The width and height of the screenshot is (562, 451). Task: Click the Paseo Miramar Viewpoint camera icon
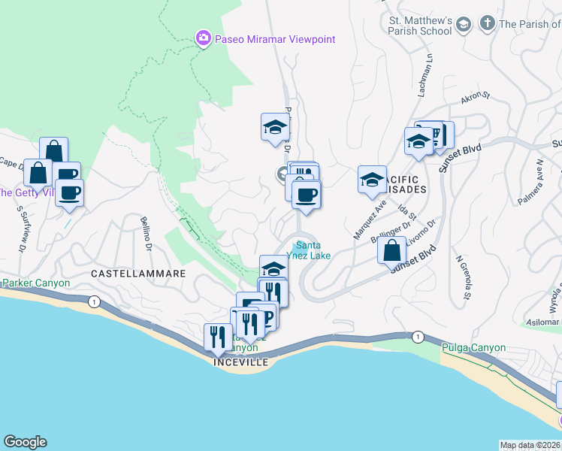point(203,39)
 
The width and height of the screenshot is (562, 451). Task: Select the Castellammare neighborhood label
point(138,274)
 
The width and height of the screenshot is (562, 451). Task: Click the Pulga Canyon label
point(473,348)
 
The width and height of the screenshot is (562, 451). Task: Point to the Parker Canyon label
point(35,283)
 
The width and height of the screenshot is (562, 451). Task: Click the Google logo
point(25,442)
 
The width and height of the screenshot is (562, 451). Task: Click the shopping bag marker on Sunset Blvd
point(391,250)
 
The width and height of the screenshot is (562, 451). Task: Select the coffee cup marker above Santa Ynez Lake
point(305,195)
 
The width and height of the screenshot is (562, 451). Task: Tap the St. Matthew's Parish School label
point(419,25)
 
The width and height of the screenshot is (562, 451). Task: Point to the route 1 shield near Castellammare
point(93,301)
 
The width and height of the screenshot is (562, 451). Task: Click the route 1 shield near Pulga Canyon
point(418,337)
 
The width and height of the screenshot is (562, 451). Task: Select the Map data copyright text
point(530,445)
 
